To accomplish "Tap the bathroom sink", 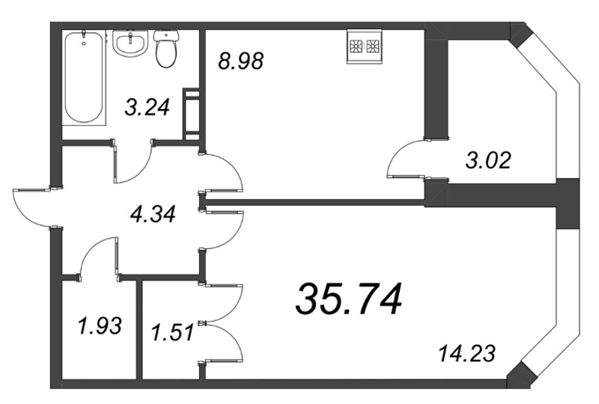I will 132,43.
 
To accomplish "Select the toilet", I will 165,47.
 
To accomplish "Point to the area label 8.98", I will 241,62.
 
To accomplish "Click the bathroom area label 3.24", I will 146,108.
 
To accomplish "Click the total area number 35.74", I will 349,300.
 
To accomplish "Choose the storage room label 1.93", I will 98,326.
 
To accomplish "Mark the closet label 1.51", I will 172,331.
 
